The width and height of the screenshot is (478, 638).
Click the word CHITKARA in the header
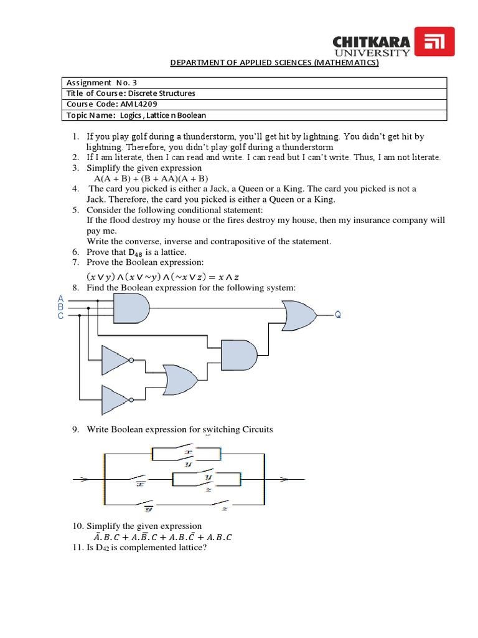point(372,42)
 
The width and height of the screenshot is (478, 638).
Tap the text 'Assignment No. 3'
point(96,82)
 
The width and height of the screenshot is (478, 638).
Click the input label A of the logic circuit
point(60,298)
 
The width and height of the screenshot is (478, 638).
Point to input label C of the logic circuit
point(60,316)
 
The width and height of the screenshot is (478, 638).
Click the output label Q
point(338,315)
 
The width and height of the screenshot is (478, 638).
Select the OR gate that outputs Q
point(298,315)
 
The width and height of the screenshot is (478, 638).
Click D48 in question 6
point(135,252)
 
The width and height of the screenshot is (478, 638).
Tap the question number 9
point(75,430)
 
